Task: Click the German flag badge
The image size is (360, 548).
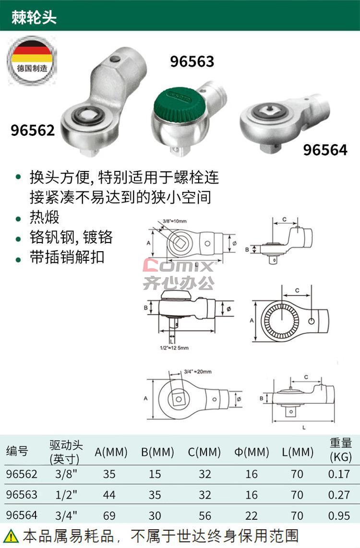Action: (x=32, y=61)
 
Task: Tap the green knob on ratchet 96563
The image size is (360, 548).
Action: (x=178, y=105)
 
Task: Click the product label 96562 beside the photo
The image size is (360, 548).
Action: (x=33, y=130)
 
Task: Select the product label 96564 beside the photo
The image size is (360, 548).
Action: (x=325, y=150)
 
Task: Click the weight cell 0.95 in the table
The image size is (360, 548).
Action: (x=339, y=515)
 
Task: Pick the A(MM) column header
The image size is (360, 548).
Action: (x=111, y=452)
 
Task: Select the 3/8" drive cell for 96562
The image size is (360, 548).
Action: (x=66, y=474)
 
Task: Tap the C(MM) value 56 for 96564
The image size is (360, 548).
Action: (x=204, y=515)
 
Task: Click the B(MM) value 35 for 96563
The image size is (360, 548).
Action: (x=155, y=495)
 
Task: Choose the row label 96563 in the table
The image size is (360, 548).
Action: (x=22, y=495)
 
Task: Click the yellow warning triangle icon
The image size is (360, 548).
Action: (x=11, y=536)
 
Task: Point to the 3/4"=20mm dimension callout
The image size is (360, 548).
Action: (x=198, y=372)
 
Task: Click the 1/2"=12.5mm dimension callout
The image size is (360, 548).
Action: (x=174, y=348)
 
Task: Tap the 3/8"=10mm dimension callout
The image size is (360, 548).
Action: (x=175, y=221)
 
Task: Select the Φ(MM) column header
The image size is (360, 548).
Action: (x=252, y=452)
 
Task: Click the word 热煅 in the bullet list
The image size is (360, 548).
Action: (x=44, y=217)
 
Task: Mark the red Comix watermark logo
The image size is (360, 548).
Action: (x=179, y=265)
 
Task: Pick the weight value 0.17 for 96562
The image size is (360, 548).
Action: (x=339, y=474)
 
